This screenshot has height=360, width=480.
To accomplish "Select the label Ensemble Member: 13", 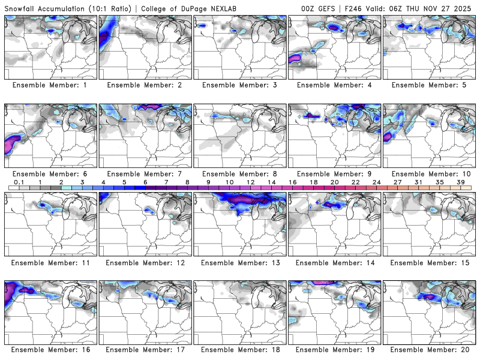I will coord(239,262).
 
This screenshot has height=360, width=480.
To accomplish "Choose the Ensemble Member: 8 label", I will coord(239,174).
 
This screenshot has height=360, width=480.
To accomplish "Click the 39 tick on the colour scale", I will coord(460,182).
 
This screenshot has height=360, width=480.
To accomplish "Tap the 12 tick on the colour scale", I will coord(250,182).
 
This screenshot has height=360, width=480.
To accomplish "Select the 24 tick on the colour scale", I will coord(376,182).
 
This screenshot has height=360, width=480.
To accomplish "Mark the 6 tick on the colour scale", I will coord(145,182).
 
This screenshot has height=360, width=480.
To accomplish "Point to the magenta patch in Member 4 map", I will coord(296,58).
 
